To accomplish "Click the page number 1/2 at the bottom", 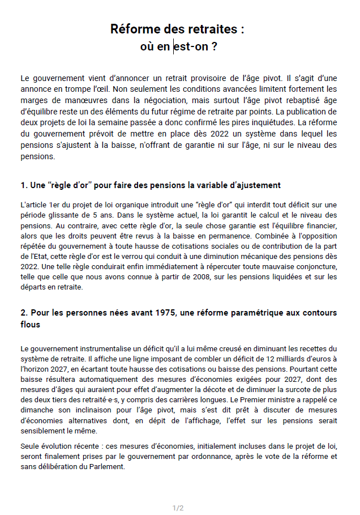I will click(x=178, y=508).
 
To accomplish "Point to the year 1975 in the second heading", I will click(x=170, y=313).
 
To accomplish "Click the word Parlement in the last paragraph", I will click(x=104, y=467).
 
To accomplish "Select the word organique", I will click(x=135, y=205).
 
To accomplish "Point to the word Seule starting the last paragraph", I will click(x=31, y=446).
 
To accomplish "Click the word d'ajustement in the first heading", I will click(x=255, y=185).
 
